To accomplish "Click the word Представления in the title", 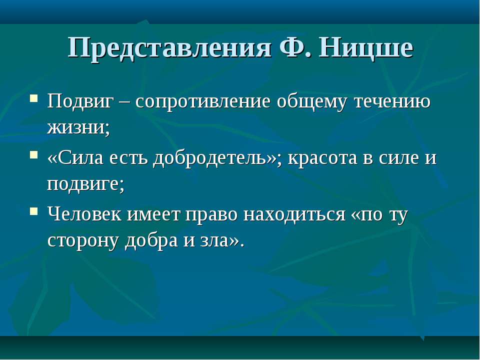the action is pos(169,48).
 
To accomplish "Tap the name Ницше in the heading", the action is pos(366,47).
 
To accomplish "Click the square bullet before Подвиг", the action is pos(34,98).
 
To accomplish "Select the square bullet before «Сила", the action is pos(34,154).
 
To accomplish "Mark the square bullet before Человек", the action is pos(34,211).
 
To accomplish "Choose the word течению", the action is pos(392,101).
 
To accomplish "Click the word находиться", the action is pos(294,215).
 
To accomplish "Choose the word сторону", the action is pos(83,241).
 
